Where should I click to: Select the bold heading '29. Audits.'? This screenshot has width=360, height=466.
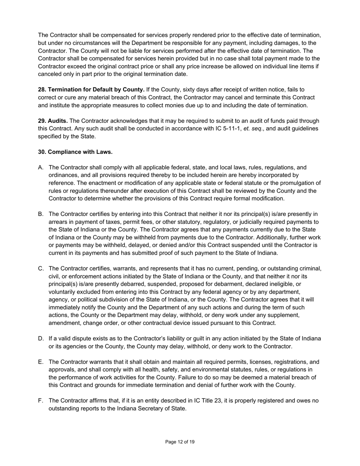point(53,121)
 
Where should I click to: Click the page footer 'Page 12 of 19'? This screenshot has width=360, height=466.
point(180,442)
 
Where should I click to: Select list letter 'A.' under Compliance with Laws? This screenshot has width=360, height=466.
point(41,167)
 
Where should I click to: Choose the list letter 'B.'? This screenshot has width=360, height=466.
point(41,214)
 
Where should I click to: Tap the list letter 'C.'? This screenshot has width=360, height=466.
point(41,269)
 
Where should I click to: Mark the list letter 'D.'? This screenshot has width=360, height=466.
point(41,339)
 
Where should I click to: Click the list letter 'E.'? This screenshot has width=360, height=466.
point(41,362)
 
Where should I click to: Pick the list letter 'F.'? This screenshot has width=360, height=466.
point(41,401)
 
